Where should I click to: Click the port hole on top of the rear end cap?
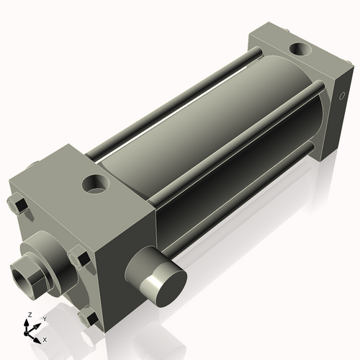pos(299,50)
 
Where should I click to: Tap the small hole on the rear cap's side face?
pos(341,96)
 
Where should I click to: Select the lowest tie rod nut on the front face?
pos(89,316)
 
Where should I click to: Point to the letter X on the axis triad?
pos(45,338)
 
